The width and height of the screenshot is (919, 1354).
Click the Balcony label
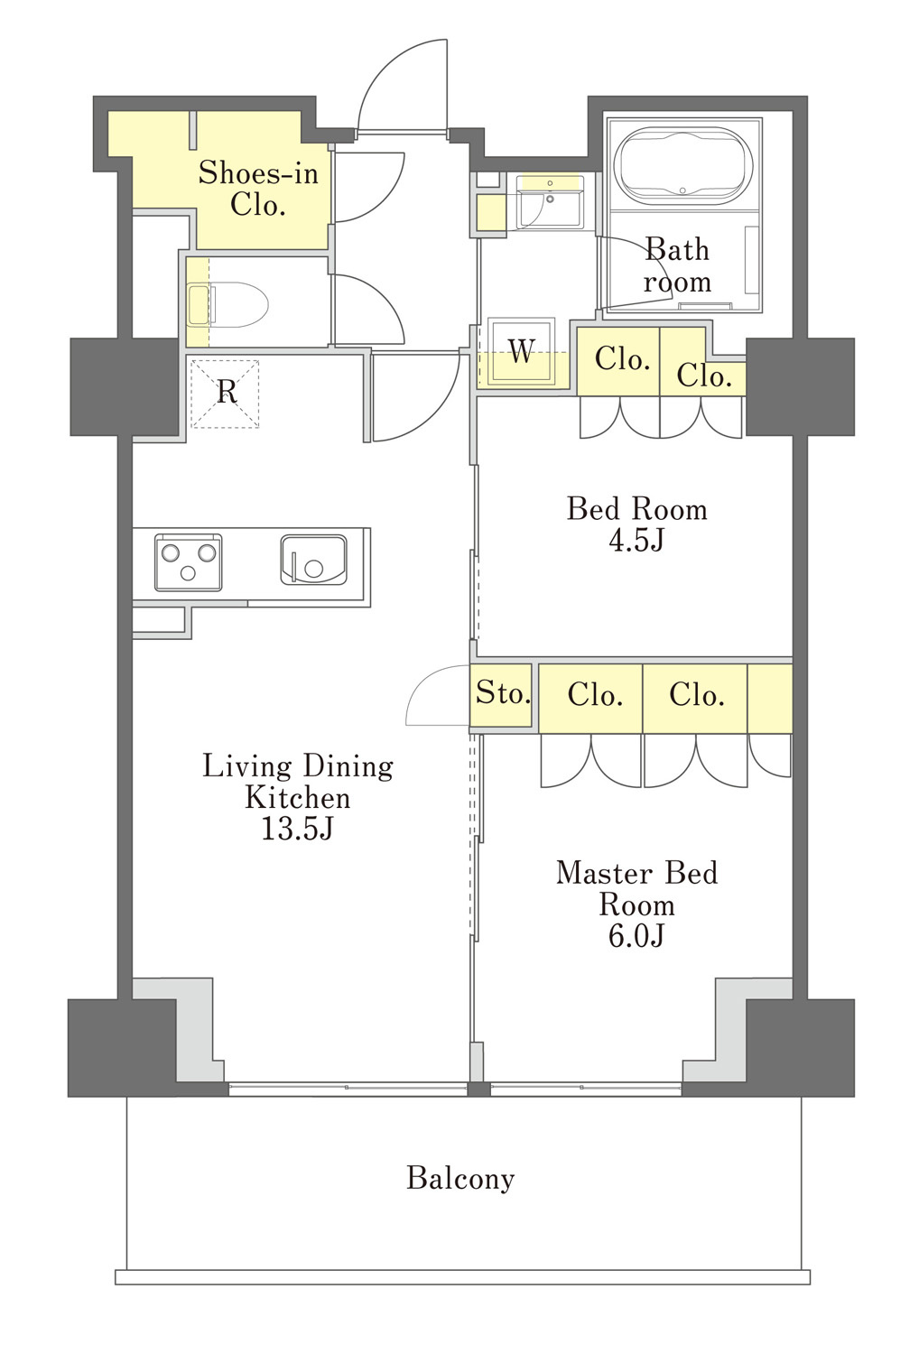click(x=460, y=1178)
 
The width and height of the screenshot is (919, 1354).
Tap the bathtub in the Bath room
click(x=683, y=164)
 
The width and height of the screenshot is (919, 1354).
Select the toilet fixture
click(x=227, y=304)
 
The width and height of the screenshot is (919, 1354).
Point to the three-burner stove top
click(x=188, y=562)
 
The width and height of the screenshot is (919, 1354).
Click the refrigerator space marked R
click(x=225, y=394)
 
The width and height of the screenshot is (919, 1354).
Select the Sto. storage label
click(x=503, y=692)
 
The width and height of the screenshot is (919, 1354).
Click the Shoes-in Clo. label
click(x=258, y=189)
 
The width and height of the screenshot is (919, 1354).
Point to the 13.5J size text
click(x=297, y=829)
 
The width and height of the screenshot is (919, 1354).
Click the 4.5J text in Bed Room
click(x=636, y=540)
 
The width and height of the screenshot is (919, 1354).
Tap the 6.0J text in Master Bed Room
click(x=636, y=936)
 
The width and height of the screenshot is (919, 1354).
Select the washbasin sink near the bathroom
click(x=550, y=200)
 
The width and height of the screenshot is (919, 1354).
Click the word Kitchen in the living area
click(x=298, y=798)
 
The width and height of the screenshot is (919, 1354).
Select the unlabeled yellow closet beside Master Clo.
click(x=770, y=699)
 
